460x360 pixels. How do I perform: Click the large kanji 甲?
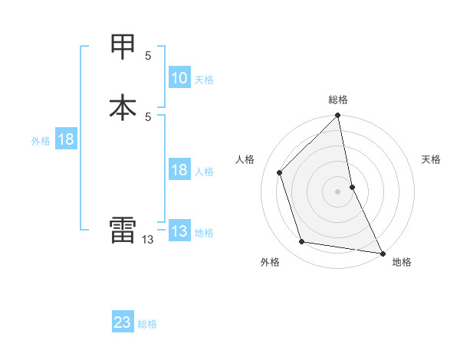(123, 47)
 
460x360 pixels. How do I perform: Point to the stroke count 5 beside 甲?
(148, 56)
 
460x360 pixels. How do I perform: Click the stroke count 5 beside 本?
(148, 116)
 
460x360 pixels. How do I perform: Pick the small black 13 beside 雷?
(148, 240)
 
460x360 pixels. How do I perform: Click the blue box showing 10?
(179, 78)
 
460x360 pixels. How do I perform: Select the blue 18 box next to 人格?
(179, 171)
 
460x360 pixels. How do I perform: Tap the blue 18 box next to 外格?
(65, 140)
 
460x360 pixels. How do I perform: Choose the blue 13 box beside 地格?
(179, 232)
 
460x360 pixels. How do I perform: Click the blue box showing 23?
(123, 323)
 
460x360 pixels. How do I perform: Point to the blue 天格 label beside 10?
(204, 79)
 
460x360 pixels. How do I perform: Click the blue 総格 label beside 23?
(147, 324)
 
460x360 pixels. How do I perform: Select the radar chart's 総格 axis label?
(338, 100)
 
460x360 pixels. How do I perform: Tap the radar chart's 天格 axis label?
(431, 159)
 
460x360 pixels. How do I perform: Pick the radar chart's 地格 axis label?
(402, 262)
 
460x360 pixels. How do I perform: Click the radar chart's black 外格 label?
(270, 262)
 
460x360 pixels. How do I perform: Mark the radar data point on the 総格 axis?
(338, 116)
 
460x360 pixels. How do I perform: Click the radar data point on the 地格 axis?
(381, 252)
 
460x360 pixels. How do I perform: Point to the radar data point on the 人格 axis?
(280, 172)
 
